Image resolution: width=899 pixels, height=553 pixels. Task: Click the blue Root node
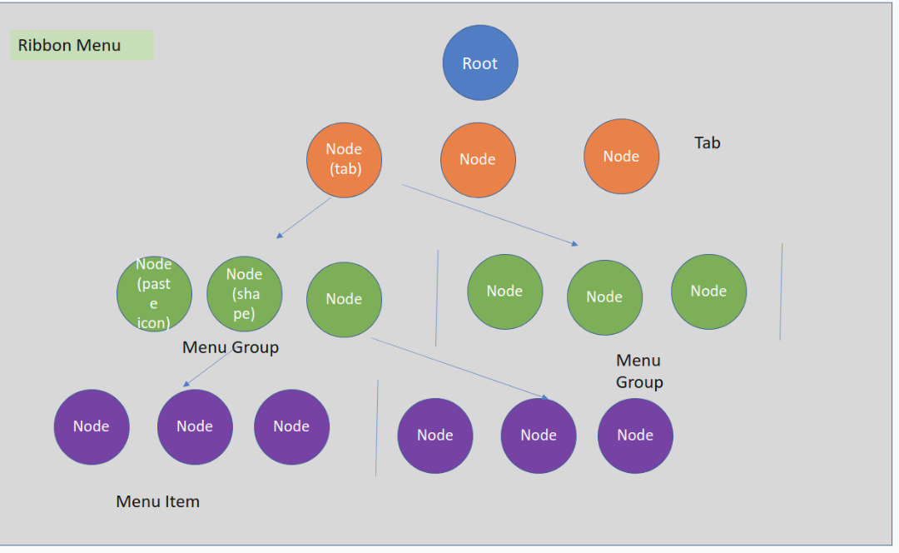[x=480, y=63]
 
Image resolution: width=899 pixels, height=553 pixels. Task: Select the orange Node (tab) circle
[x=345, y=159]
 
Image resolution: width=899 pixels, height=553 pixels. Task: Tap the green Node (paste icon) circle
[x=154, y=293]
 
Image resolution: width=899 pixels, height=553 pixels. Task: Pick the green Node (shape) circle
[x=244, y=293]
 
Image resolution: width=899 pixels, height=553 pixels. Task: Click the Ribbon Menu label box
[x=82, y=46]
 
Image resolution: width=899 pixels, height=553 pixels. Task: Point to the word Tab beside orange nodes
[x=708, y=143]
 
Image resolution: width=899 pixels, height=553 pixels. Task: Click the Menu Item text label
[x=158, y=501]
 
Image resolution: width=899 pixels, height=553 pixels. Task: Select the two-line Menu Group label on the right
[x=639, y=371]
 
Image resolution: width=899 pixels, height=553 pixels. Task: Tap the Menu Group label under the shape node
[x=231, y=347]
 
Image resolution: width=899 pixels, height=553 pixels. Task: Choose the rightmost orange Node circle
[x=622, y=157]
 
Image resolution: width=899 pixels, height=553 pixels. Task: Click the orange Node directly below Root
[x=478, y=160]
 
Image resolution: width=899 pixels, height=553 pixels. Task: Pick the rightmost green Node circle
[x=709, y=291]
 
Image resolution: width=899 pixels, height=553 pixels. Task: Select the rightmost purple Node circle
[x=635, y=436]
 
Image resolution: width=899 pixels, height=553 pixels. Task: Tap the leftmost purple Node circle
[x=92, y=426]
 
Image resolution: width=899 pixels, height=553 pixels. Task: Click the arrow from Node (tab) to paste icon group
[x=304, y=218]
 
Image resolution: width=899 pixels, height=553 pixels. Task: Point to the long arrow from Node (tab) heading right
[x=489, y=214]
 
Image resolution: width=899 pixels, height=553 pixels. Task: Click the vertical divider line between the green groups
[x=437, y=298]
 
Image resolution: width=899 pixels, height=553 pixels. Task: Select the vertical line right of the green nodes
[x=781, y=291]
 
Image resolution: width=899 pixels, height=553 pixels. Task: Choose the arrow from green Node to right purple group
[x=459, y=368]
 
